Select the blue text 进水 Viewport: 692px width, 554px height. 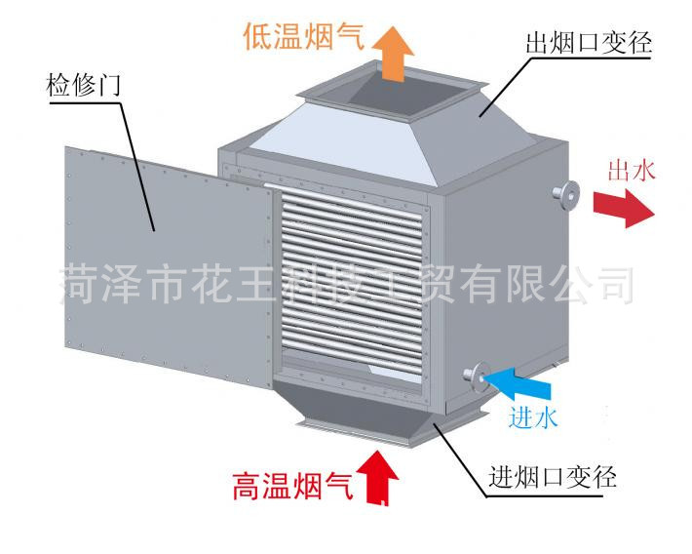click(x=532, y=418)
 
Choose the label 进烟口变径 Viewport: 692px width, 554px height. click(x=552, y=479)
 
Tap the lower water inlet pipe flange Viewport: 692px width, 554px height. click(x=477, y=375)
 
